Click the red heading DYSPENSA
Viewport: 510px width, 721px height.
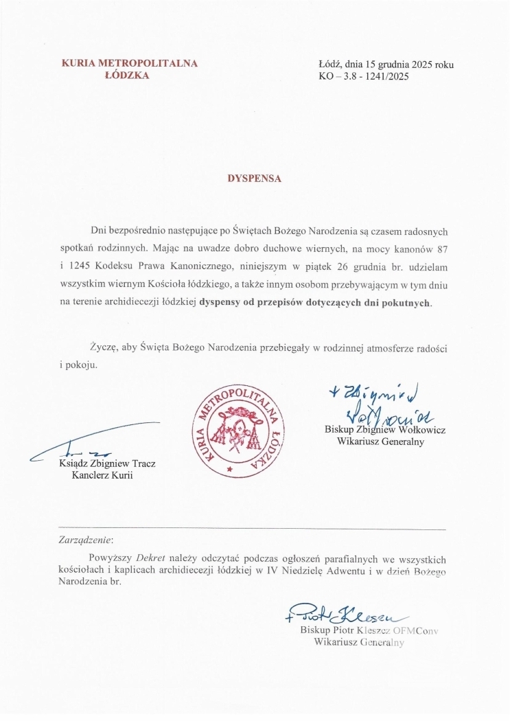[x=255, y=177]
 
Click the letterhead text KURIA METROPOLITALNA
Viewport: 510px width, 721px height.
[x=130, y=64]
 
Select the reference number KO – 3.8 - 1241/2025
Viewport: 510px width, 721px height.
[x=364, y=76]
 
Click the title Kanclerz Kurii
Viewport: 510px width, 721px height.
[x=102, y=476]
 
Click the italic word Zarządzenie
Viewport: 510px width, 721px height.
[x=86, y=540]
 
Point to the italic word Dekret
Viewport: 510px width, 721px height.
[x=150, y=557]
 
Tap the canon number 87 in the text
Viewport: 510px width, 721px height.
[x=441, y=246]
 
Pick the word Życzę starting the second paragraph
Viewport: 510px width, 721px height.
[x=104, y=348]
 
